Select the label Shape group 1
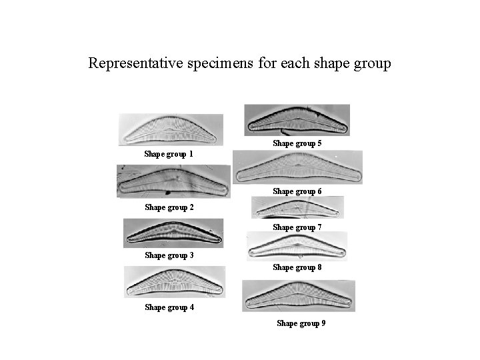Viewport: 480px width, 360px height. (x=169, y=154)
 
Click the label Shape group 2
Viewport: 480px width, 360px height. (x=169, y=207)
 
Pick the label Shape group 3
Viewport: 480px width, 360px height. (x=169, y=255)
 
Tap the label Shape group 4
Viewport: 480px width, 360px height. (x=169, y=307)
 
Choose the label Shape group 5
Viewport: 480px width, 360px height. (x=297, y=143)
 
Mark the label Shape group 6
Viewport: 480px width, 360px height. (x=297, y=191)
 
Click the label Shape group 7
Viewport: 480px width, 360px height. (x=297, y=227)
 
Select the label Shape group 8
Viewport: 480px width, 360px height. (x=297, y=267)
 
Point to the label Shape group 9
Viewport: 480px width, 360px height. (x=301, y=323)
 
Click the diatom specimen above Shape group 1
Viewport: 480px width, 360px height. (x=171, y=130)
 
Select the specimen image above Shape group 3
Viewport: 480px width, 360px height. (x=173, y=233)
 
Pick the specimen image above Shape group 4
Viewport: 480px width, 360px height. (x=174, y=282)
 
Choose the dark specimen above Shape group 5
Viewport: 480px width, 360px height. (x=297, y=120)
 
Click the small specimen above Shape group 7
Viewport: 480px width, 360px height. (x=297, y=208)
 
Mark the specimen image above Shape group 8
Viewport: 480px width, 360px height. (x=297, y=247)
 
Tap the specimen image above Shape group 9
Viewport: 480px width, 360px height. (x=298, y=296)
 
